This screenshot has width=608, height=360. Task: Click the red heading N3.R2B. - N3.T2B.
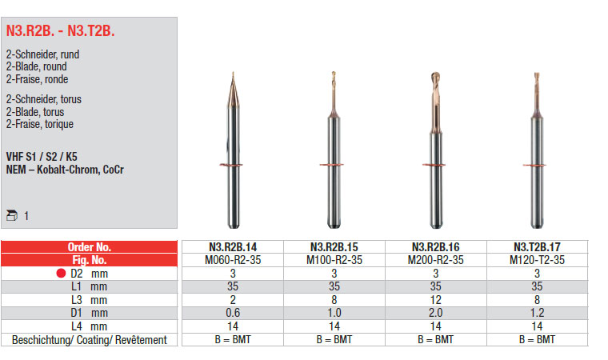click(x=61, y=30)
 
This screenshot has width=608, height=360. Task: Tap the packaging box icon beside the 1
click(x=12, y=215)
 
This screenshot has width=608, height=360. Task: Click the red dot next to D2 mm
click(x=61, y=273)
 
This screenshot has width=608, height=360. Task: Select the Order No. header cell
click(x=89, y=246)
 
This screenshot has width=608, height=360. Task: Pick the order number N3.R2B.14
click(x=233, y=247)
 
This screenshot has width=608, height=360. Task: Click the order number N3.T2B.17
click(x=537, y=247)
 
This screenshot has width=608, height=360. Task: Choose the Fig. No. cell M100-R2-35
click(x=334, y=260)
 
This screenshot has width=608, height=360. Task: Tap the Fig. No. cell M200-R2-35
click(x=435, y=260)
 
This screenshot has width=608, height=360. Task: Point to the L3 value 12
click(x=435, y=300)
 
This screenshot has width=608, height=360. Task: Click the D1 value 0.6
click(x=233, y=313)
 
